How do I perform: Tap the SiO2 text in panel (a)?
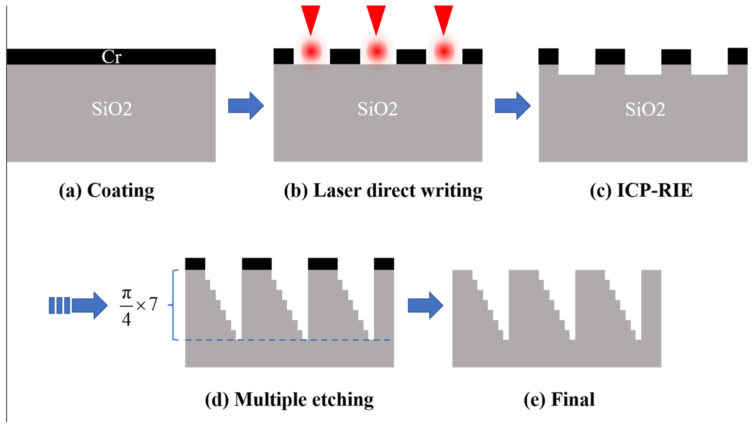[112, 109]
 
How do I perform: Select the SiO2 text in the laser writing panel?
[378, 109]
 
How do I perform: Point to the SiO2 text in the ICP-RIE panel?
[645, 109]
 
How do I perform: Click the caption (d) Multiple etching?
[289, 399]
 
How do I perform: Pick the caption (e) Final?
[559, 399]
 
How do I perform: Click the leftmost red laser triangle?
[311, 17]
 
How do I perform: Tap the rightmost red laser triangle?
[443, 17]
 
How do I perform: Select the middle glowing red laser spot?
[377, 51]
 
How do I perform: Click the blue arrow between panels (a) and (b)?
[246, 106]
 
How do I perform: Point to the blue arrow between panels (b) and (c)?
[513, 106]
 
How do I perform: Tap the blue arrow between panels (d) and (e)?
[425, 305]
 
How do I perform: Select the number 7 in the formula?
[153, 304]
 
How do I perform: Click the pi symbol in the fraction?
[126, 293]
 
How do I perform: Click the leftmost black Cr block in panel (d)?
[195, 264]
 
